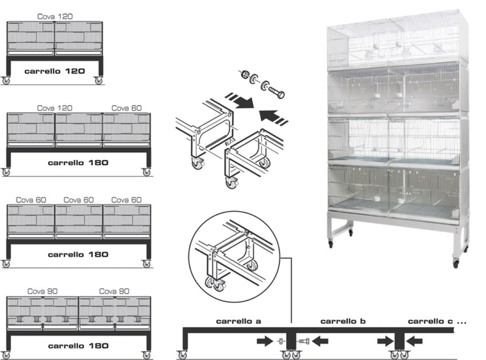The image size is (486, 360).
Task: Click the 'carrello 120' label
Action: point(54,71)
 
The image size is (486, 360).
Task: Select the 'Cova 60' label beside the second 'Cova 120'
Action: point(126,108)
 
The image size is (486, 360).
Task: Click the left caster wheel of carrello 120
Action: point(7,80)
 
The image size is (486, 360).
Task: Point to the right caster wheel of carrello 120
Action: point(98,80)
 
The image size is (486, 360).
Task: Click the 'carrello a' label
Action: point(238,320)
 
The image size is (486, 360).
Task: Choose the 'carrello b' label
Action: point(342,320)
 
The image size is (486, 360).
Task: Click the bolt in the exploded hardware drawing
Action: point(275,91)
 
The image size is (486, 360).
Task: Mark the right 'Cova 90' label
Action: point(114,291)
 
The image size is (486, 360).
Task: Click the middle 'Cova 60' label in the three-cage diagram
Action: point(78,199)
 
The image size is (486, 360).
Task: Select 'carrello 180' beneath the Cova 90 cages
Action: point(78,345)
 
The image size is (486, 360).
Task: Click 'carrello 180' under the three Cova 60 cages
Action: point(78,254)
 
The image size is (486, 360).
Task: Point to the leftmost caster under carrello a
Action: point(182,354)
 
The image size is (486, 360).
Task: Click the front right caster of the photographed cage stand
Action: point(455,263)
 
